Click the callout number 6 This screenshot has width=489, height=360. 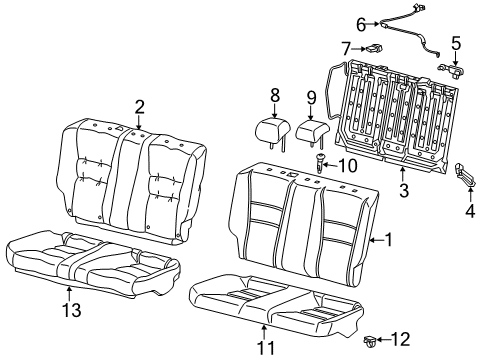[x=361, y=25]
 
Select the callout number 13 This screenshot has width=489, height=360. [x=72, y=310]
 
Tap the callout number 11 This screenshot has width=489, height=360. [x=266, y=348]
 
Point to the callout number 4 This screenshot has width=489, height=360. [x=470, y=211]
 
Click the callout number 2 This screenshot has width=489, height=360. [x=139, y=107]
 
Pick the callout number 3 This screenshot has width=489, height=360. [x=404, y=191]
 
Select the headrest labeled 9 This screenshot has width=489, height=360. [x=313, y=133]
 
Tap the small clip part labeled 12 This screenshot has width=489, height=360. [x=370, y=341]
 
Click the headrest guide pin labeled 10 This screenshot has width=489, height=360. [x=320, y=163]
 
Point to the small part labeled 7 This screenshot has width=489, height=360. [x=374, y=49]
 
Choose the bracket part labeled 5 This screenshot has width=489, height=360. [x=451, y=70]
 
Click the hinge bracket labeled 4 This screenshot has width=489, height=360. [x=465, y=174]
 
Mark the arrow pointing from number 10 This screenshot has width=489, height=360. [x=330, y=165]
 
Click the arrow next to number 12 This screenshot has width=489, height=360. [x=383, y=340]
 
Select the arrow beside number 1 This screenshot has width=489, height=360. [x=377, y=240]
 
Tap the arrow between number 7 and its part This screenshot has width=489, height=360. [x=359, y=49]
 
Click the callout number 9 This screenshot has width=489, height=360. [x=311, y=98]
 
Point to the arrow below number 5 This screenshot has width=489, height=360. [x=456, y=58]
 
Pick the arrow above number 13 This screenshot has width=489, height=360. [x=69, y=294]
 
